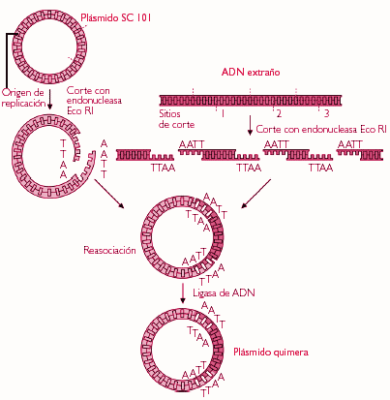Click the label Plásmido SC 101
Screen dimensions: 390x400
pos(116,17)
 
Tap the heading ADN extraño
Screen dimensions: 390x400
pos(251,72)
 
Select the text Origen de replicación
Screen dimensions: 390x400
pos(23,98)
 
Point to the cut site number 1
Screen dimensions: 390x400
pos(223,113)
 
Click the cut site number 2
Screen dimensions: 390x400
pos(279,113)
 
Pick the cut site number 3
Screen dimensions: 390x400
pos(326,113)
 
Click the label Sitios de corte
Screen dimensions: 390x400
pos(176,119)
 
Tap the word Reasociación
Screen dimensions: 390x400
pos(109,250)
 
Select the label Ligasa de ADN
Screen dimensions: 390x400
pos(224,292)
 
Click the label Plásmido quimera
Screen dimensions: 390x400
pos(271,352)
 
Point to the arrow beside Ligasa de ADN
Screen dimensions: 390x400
pos(183,293)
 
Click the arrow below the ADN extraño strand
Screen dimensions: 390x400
pos(250,125)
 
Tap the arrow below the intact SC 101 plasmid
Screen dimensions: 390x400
pos(49,100)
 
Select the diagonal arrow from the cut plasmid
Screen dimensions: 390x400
pos(109,194)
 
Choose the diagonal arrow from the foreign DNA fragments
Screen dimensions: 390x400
pos(256,194)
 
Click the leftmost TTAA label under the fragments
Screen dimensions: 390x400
pos(163,168)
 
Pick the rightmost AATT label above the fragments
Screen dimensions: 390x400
pos(350,144)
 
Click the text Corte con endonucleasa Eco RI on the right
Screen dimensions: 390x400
pos(321,130)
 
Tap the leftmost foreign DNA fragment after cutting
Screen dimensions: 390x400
pos(145,155)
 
